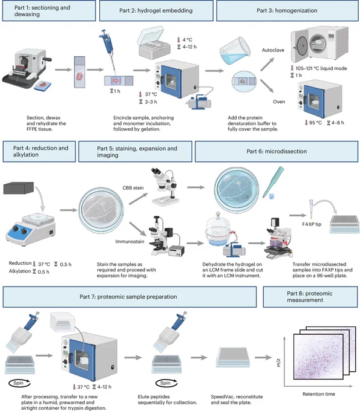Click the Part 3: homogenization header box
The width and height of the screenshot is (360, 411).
[x=287, y=11]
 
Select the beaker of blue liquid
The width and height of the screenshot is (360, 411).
[x=235, y=51]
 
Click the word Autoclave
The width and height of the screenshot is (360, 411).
[x=273, y=50]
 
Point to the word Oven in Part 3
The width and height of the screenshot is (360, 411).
[x=279, y=102]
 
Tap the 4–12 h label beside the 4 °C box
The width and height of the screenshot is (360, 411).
[x=189, y=47]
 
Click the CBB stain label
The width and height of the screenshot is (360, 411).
[x=133, y=188]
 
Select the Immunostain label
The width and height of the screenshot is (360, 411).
[x=129, y=241]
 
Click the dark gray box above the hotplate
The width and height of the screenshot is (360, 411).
[x=19, y=188]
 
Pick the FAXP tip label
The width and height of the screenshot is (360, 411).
[x=312, y=224]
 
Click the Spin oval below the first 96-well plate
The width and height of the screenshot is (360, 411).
[x=19, y=383]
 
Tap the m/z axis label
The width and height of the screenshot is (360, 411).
[x=278, y=363]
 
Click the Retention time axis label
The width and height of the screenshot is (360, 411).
[x=319, y=394]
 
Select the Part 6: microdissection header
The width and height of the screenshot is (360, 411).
[x=277, y=152]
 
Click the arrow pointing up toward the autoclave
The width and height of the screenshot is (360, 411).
[x=267, y=64]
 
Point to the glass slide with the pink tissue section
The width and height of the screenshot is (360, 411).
[x=79, y=72]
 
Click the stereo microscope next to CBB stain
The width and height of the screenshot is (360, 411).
[x=165, y=187]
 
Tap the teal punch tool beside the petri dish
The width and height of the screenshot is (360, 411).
[x=273, y=181]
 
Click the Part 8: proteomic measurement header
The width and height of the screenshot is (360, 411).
[x=310, y=297]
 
